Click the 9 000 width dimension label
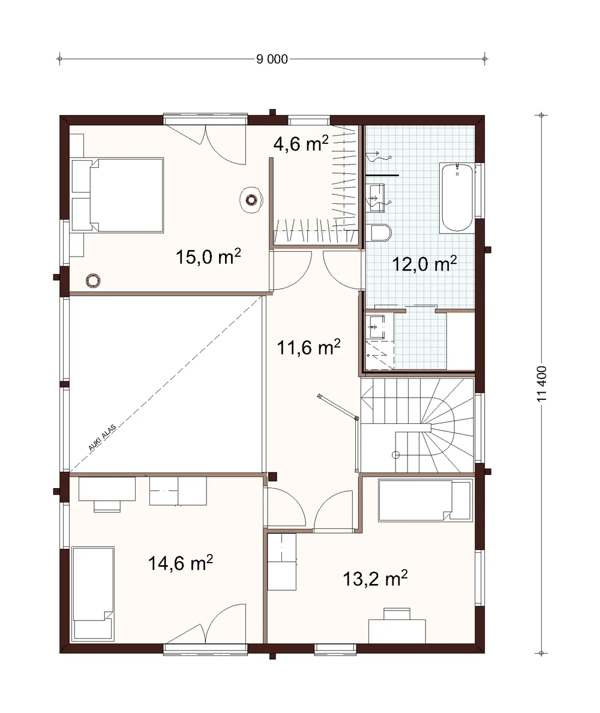272,59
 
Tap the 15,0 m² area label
208,257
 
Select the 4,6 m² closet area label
301,144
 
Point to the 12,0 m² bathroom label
424,264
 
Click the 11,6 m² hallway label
308,347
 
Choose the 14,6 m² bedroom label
181,563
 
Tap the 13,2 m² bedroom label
375,579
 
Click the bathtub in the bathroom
457,197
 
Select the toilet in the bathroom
381,233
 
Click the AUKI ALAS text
102,437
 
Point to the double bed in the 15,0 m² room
118,195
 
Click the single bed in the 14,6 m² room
93,594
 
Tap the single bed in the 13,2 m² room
424,500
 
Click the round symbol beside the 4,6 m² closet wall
251,200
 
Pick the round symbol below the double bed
93,281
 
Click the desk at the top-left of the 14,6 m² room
107,493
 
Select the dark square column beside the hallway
272,477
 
